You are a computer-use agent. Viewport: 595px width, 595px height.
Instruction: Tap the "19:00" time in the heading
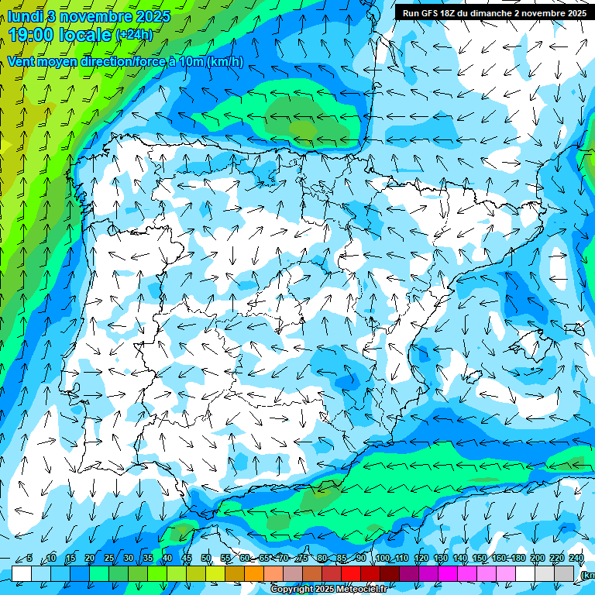(32, 35)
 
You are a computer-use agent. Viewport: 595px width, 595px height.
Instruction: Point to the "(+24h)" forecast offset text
(134, 35)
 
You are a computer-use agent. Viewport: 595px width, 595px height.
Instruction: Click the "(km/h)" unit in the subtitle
(225, 62)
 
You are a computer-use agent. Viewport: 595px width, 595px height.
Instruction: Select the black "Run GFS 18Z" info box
(493, 12)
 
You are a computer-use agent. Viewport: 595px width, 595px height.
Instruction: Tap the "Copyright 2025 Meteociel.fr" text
(328, 590)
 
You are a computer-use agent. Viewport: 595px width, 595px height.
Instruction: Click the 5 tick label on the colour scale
(29, 559)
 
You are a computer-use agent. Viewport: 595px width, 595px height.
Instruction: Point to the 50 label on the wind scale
(206, 559)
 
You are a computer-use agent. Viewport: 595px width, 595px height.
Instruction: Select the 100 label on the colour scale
(383, 559)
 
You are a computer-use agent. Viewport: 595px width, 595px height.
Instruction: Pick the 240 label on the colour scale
(576, 559)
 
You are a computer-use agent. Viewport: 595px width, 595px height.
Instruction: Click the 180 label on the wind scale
(518, 559)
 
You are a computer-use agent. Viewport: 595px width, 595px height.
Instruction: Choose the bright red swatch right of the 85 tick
(351, 573)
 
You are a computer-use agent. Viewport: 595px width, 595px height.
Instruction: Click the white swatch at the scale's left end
(22, 573)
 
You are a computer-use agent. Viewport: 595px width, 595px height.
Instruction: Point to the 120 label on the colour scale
(421, 559)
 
